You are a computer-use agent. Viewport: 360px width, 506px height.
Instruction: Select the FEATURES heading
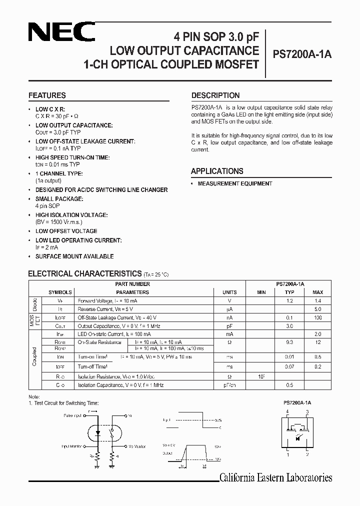tap(47, 95)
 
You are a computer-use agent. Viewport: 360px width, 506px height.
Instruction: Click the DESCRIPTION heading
tap(215, 95)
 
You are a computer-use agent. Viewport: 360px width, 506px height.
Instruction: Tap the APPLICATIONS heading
tap(217, 171)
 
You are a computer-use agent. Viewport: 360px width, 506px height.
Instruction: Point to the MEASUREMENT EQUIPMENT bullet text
tap(235, 183)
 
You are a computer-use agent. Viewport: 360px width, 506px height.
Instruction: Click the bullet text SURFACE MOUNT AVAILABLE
tap(74, 256)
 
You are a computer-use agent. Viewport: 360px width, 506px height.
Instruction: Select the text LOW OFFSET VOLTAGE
tap(66, 231)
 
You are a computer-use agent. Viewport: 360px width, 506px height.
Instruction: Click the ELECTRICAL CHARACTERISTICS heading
tap(84, 273)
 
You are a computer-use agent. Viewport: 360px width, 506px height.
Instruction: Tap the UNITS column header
tap(229, 292)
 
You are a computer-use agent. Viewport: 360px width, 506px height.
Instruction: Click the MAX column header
tap(317, 292)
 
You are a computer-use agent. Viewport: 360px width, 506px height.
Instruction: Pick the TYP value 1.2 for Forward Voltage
tap(289, 301)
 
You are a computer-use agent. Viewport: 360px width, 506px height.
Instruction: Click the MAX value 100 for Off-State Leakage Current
tap(317, 317)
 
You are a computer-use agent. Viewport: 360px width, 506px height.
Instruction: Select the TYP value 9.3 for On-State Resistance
tap(289, 342)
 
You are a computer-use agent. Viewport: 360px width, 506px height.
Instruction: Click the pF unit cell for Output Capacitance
tap(229, 325)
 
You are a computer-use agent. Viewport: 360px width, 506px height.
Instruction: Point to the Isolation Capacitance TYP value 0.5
tap(289, 385)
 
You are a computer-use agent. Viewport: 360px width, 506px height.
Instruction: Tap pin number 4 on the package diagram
tap(287, 411)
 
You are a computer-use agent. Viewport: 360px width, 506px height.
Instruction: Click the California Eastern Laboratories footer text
tap(275, 478)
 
